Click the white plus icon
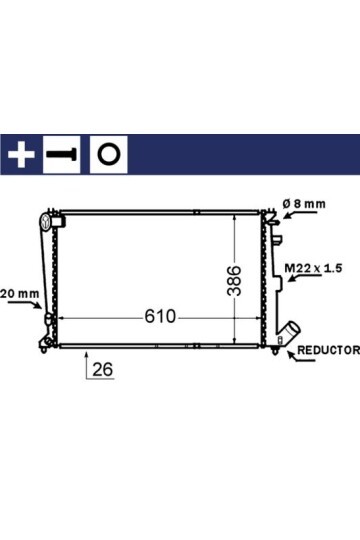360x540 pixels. coord(21,155)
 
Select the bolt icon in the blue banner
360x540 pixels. coord(61,154)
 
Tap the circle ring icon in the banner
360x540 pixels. coord(109,154)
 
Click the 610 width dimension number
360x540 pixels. coord(160,316)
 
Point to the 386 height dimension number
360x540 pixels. coord(234,281)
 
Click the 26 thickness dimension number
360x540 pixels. coord(103,370)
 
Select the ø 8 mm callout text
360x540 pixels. coord(304,204)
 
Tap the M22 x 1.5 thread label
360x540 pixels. coord(313,268)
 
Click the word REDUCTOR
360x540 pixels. coord(328,350)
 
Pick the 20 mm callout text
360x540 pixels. coord(20,294)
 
